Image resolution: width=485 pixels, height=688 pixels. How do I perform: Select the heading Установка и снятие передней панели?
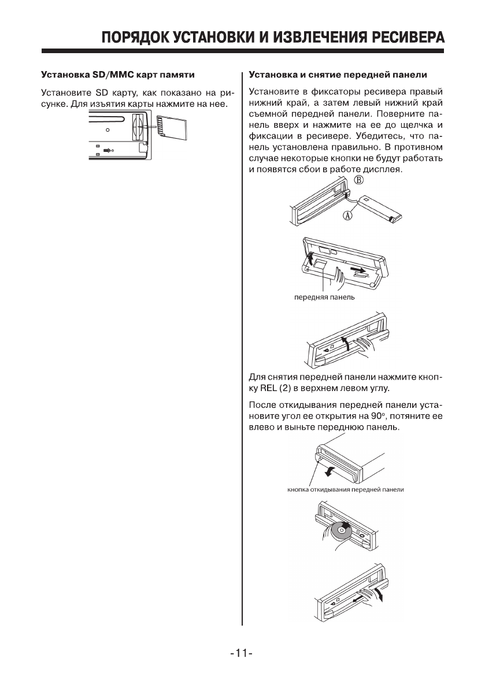338,75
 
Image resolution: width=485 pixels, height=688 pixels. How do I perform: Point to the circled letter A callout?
348,216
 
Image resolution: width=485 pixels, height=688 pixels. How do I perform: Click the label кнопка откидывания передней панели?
345,490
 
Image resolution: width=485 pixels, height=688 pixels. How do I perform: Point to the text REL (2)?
276,387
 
